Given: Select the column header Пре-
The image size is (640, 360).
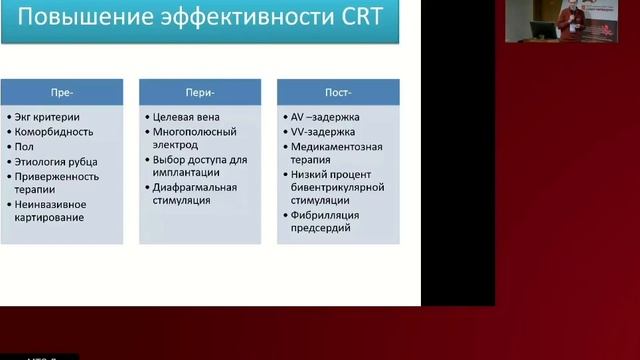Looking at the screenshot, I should (x=61, y=91).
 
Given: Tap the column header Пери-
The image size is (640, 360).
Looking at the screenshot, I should (x=200, y=91).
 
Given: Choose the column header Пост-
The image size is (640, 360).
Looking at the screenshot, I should (x=338, y=91).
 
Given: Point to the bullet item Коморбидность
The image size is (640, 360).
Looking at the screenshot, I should (x=55, y=131).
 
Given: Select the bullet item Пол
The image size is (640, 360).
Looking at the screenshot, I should (x=25, y=145).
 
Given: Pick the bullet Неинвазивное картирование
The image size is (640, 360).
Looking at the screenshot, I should (x=56, y=210).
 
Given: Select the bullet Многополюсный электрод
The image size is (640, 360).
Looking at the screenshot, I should (x=194, y=138).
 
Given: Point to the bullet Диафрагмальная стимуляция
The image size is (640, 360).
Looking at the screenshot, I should (x=195, y=194).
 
